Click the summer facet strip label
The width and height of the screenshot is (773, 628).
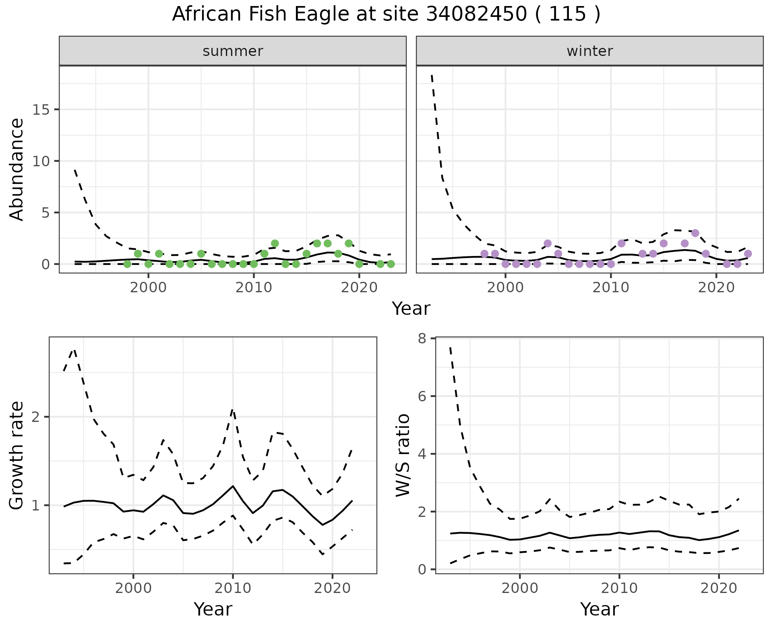click(x=233, y=51)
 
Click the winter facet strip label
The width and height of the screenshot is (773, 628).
click(x=589, y=51)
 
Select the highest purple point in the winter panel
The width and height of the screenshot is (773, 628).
click(x=695, y=233)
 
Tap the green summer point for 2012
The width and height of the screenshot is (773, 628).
click(x=275, y=244)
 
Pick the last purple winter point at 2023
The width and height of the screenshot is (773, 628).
click(x=748, y=254)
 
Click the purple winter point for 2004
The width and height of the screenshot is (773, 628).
click(x=548, y=244)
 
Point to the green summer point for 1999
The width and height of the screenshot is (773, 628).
click(x=138, y=254)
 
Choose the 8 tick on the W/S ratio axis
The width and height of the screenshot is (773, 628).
click(x=422, y=339)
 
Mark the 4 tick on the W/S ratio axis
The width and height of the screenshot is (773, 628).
click(x=422, y=454)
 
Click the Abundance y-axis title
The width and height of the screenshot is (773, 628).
click(x=17, y=169)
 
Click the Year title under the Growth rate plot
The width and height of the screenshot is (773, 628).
click(x=213, y=609)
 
